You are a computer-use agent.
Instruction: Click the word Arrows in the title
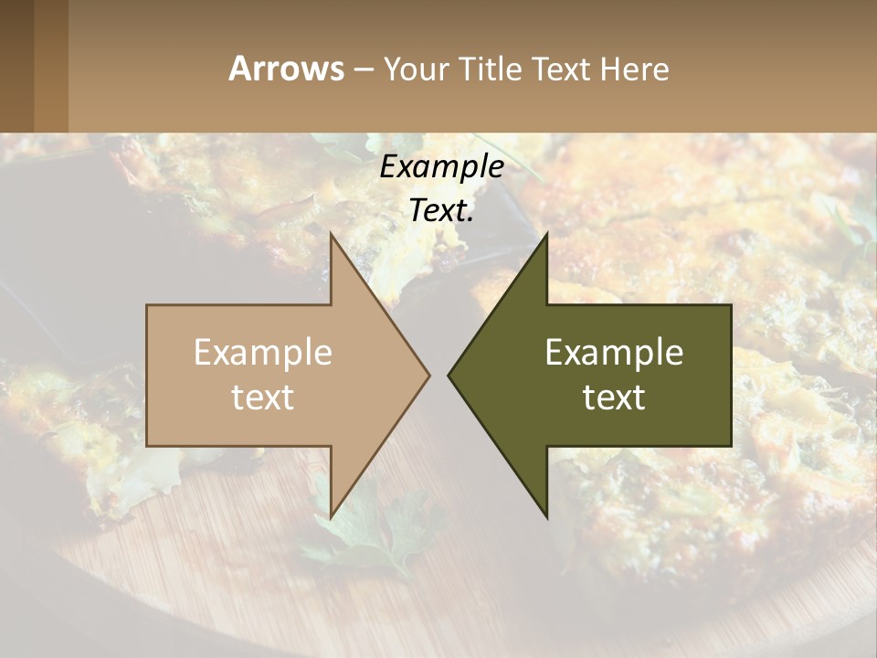[286, 69]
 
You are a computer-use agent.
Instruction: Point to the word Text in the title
[563, 69]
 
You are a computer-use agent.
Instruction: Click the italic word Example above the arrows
[441, 167]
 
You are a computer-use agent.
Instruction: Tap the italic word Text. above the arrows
[441, 211]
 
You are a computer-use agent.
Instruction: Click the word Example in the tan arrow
[263, 352]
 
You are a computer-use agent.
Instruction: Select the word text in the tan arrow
[263, 397]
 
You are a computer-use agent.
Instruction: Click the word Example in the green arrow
[614, 352]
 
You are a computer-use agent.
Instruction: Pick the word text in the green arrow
[614, 397]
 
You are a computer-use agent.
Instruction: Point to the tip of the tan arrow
[429, 375]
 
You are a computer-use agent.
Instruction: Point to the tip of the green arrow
[449, 375]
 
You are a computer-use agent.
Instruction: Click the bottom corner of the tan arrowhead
[331, 517]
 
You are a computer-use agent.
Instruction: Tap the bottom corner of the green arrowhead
[546, 517]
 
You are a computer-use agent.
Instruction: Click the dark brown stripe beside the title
[16, 66]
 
